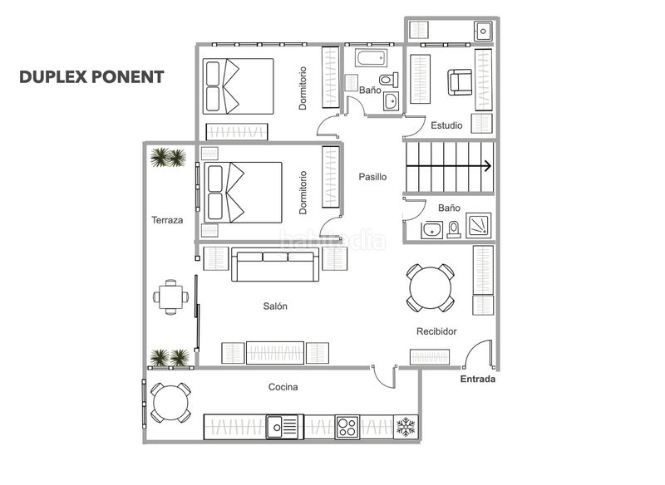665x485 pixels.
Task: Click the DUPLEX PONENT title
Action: (x=91, y=77)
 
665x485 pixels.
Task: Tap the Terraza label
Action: (x=167, y=221)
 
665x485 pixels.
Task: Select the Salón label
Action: (x=275, y=306)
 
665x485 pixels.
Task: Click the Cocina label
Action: (x=283, y=387)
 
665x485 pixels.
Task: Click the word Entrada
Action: (x=478, y=380)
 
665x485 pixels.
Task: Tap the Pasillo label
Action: (x=372, y=177)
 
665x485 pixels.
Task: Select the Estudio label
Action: (x=446, y=125)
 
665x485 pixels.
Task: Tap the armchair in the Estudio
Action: (x=460, y=81)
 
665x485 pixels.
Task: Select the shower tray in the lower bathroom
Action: (x=480, y=224)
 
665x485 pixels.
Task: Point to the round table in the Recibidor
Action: (x=431, y=287)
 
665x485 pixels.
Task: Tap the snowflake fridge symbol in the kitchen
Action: (x=406, y=428)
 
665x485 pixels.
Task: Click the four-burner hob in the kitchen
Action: (x=347, y=427)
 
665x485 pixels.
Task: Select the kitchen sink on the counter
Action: (x=283, y=427)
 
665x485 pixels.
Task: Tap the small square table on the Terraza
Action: (x=171, y=296)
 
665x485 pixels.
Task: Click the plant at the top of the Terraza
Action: (x=168, y=157)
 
